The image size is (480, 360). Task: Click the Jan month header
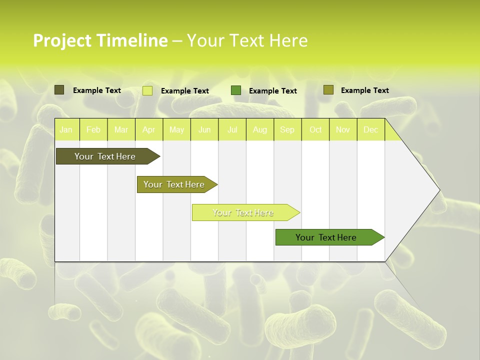[x=66, y=129]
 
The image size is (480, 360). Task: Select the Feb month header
[x=93, y=129]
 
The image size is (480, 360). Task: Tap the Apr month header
[x=148, y=129]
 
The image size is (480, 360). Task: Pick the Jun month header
[x=204, y=129]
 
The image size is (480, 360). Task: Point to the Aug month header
[x=259, y=129]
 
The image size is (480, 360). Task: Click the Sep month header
[x=287, y=129]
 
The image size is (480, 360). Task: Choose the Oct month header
[x=315, y=129]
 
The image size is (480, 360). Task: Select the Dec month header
[x=370, y=129]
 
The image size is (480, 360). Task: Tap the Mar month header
[x=121, y=129]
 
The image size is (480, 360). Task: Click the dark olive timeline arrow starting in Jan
[x=105, y=156]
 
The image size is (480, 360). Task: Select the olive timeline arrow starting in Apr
[x=174, y=184]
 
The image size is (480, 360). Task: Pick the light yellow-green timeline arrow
[x=243, y=212]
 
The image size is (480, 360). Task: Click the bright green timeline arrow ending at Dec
[x=326, y=237]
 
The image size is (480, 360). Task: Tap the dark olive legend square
[x=59, y=90]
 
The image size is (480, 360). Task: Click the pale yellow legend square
[x=147, y=90]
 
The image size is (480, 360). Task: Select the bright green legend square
[x=236, y=90]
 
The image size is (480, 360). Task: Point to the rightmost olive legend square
[x=328, y=90]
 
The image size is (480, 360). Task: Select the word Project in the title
[x=61, y=40]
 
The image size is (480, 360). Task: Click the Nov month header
[x=343, y=129]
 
